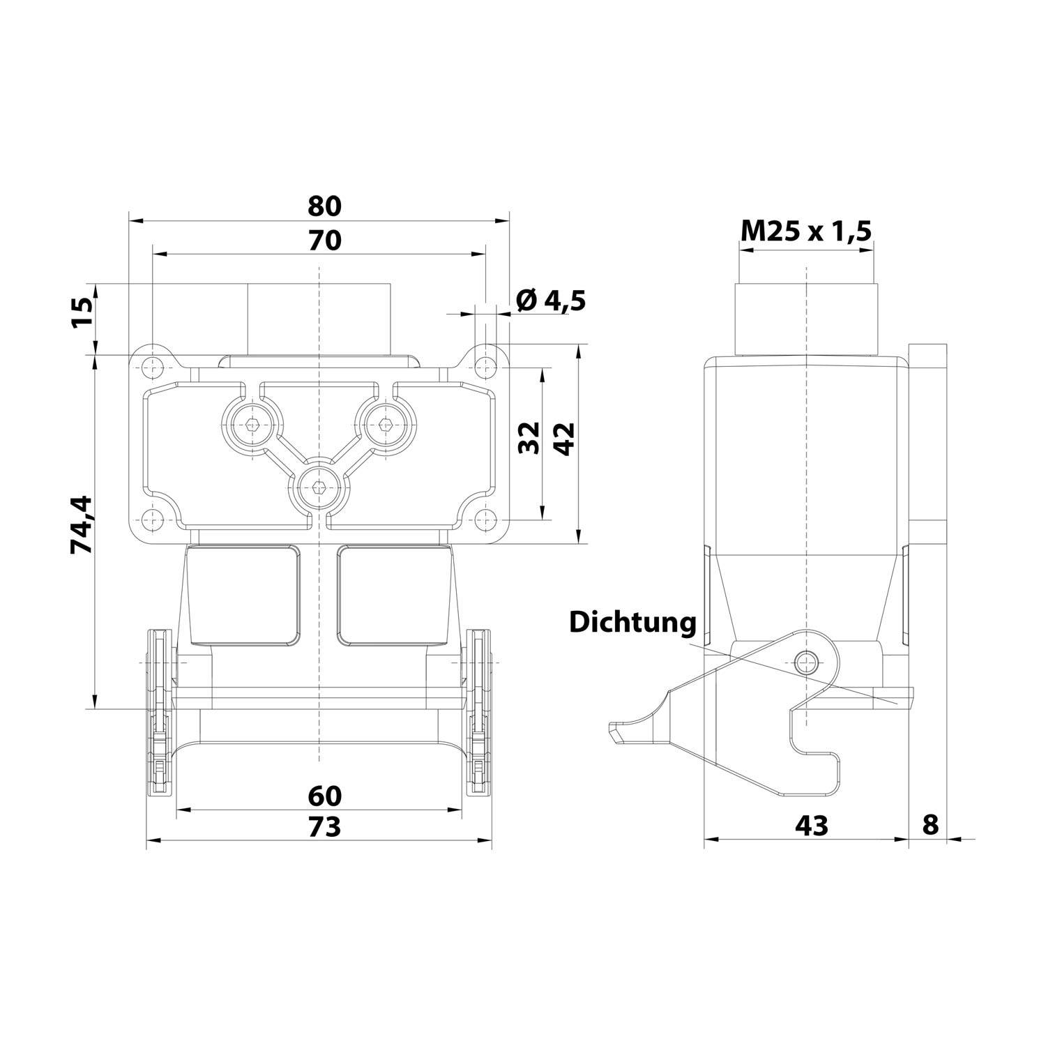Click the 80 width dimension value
point(324,206)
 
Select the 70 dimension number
point(324,240)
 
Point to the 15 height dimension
point(82,314)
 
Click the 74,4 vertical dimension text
point(82,524)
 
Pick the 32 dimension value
point(531,437)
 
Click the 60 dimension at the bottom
point(324,794)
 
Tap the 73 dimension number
point(324,826)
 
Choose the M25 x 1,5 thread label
point(806,230)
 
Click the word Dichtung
point(632,622)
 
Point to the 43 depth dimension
point(812,826)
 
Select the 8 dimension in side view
point(930,825)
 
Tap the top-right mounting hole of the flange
point(485,367)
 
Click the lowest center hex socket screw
point(319,487)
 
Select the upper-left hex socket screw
point(252,423)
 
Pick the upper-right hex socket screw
point(385,423)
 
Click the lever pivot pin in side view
point(806,659)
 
